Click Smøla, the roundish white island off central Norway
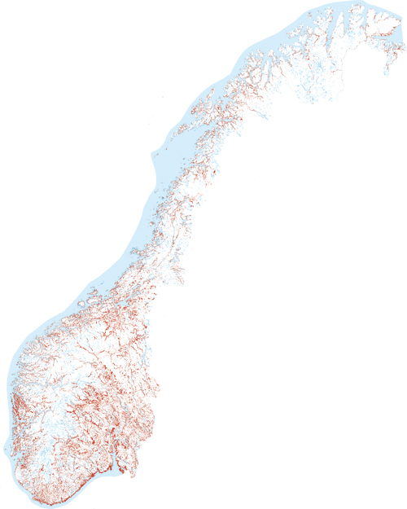(x=81, y=307)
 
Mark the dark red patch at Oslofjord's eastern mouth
(x=121, y=468)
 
